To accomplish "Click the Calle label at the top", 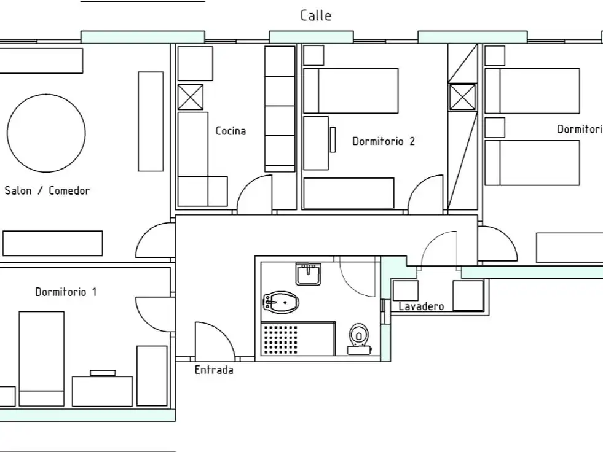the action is pos(315,15).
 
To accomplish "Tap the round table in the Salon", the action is pos(46,133).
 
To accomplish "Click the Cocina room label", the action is pos(231,131).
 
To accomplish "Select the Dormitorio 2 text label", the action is pos(384,141).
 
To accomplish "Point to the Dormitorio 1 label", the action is pos(66,292).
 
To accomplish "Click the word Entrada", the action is pos(214,370).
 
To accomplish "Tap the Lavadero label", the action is pos(421,306).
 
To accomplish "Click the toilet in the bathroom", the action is pos(359,339).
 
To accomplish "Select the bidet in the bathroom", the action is pos(281,303).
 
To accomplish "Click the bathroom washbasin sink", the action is pos(308,274).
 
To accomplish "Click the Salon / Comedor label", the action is pos(47,190).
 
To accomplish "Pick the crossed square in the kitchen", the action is pos(191,97).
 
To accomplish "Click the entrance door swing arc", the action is pos(223,331).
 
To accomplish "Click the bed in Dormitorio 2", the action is pos(351,91).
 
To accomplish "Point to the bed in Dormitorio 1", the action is pos(42,359).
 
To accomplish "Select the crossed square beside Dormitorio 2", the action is pos(463,96).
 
